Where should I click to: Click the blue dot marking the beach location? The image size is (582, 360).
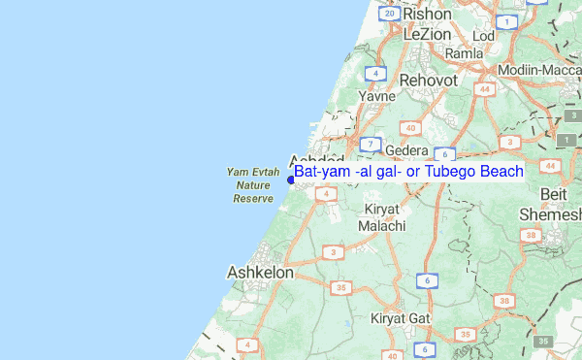tap(291, 179)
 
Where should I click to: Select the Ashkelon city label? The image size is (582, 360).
tap(260, 274)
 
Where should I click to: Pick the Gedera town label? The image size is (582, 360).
tap(406, 151)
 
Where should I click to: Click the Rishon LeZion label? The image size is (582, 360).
tap(428, 23)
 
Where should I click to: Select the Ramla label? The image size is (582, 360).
tap(464, 53)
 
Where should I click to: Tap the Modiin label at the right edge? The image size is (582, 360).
tap(539, 71)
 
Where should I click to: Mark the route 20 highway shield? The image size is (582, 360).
tap(389, 14)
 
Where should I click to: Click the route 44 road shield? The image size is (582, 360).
tap(484, 89)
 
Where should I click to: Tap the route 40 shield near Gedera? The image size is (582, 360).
tap(411, 127)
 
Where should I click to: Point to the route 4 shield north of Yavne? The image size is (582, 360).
tap(374, 73)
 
